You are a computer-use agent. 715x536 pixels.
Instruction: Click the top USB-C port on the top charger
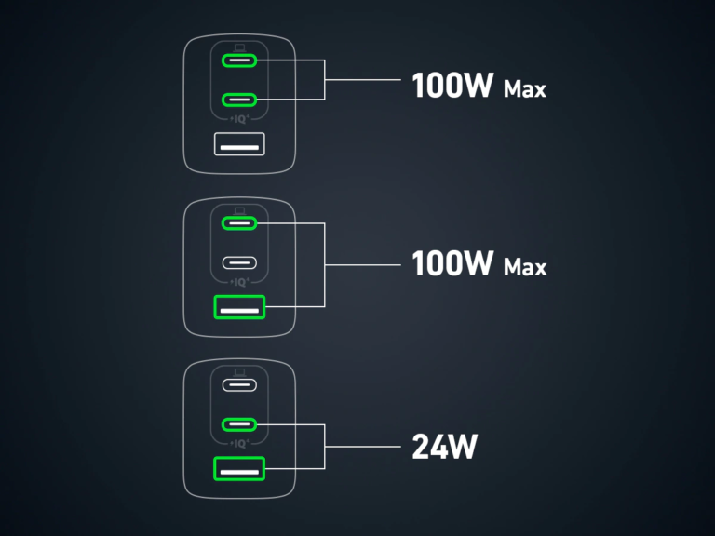(239, 62)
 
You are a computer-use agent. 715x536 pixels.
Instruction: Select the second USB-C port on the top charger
(239, 99)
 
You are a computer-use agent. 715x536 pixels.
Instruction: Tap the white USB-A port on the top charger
(239, 144)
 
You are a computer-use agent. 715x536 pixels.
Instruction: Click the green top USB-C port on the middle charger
(239, 223)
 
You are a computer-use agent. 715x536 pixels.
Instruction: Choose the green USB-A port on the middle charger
(239, 306)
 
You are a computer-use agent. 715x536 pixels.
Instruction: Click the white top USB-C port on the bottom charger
(239, 384)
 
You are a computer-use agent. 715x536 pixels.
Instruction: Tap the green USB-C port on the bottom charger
(239, 424)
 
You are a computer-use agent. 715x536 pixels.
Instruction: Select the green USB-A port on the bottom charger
(239, 470)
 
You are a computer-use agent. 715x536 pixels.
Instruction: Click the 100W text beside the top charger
(452, 87)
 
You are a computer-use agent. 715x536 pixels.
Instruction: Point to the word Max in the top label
(524, 90)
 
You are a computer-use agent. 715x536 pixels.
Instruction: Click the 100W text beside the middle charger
(452, 264)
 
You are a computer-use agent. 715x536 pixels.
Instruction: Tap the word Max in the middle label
(524, 268)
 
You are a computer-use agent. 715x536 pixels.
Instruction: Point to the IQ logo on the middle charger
(239, 281)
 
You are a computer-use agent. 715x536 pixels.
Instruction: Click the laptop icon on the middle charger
(239, 209)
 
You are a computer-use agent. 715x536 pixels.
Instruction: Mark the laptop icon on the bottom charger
(239, 370)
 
